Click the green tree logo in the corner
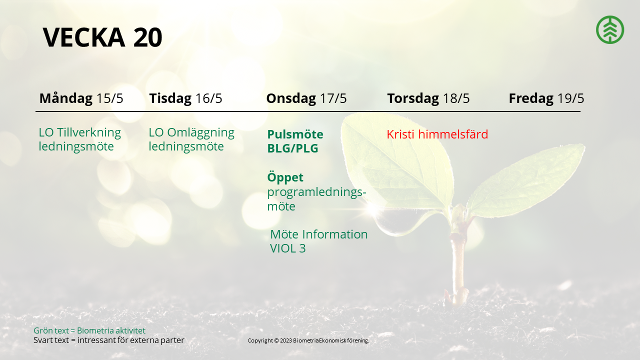click(x=610, y=29)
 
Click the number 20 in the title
click(x=147, y=37)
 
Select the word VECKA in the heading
click(x=83, y=37)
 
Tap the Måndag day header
click(x=66, y=98)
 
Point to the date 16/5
click(x=208, y=98)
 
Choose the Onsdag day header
click(x=291, y=98)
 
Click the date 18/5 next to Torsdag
click(x=456, y=98)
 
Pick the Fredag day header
click(x=531, y=98)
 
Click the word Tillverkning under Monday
click(x=89, y=132)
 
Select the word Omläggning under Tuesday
click(x=200, y=133)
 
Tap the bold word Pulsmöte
click(x=295, y=134)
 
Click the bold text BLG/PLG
click(x=292, y=148)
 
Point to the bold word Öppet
click(x=285, y=177)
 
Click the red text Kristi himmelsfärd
click(x=437, y=134)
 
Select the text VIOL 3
click(x=287, y=248)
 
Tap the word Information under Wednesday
click(x=335, y=234)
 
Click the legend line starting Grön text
click(x=89, y=330)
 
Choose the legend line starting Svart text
click(x=109, y=340)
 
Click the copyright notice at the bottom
click(x=308, y=340)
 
